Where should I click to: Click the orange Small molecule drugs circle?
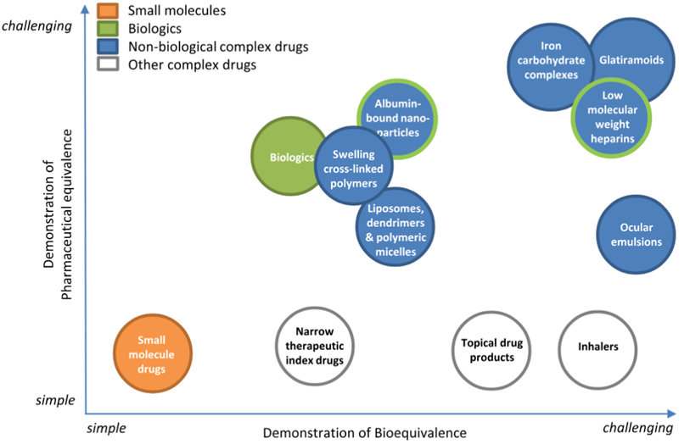tap(153, 353)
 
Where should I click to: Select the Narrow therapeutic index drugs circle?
tap(314, 347)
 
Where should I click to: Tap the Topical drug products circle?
tap(488, 350)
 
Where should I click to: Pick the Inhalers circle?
tap(597, 347)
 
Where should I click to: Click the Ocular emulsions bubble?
tap(636, 234)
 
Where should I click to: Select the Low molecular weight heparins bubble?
tap(611, 118)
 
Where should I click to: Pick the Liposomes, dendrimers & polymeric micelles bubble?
tap(395, 228)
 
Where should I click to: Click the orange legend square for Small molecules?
tap(108, 11)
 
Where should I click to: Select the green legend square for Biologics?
tap(108, 29)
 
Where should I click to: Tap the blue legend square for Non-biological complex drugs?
tap(108, 47)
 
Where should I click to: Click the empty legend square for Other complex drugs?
tap(108, 64)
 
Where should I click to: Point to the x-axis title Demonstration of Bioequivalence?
tap(364, 432)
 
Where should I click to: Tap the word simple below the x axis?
tap(107, 428)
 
